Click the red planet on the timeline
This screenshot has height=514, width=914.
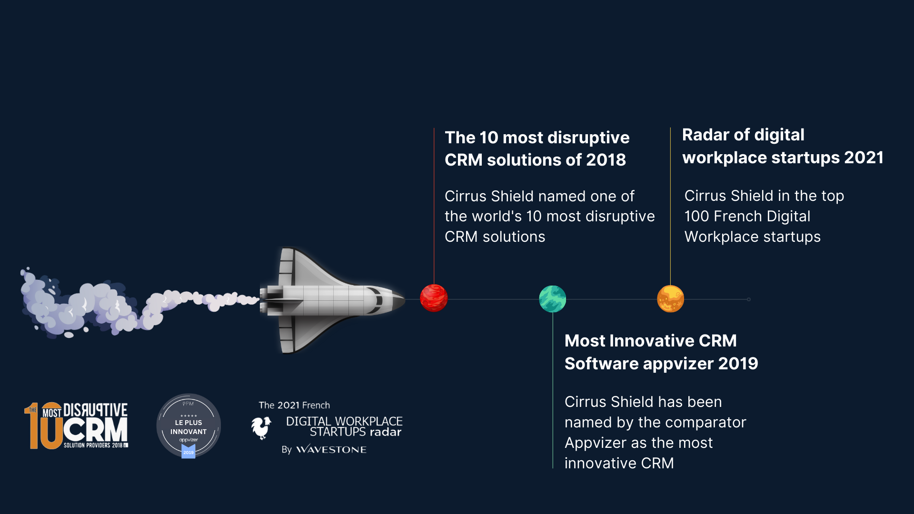434,298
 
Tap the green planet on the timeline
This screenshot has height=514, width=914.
552,299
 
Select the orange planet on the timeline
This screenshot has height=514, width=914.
670,298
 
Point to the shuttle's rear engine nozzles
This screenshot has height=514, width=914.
264,300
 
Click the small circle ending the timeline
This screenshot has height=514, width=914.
749,299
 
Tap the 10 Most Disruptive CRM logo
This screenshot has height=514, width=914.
76,425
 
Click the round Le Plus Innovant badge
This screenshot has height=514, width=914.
189,425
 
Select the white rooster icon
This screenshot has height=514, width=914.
261,427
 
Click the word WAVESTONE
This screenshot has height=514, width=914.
331,450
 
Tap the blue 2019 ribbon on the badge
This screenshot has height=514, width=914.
189,452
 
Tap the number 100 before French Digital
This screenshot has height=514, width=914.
696,217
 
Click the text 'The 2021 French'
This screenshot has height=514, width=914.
294,405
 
